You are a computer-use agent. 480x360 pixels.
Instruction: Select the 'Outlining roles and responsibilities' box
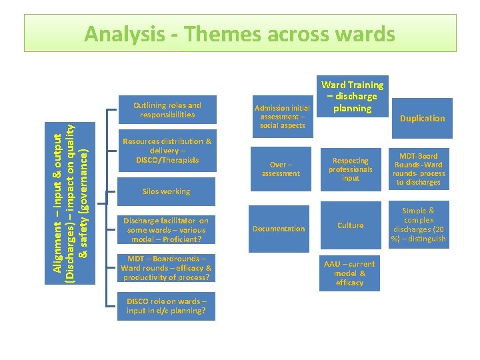[x=167, y=110]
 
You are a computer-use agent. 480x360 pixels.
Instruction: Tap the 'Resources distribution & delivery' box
[x=167, y=151]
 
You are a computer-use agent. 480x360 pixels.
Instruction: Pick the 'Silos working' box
[x=167, y=191]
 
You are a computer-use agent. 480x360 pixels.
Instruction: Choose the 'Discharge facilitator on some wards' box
[x=167, y=230]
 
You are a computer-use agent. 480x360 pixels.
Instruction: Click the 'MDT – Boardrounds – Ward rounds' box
[x=167, y=268]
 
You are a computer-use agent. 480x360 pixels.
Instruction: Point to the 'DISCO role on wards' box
[x=167, y=305]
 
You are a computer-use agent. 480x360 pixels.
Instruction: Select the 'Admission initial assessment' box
[x=283, y=116]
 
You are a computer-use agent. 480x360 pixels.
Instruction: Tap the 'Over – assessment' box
[x=280, y=169]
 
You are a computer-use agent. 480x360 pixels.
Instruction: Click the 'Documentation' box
[x=279, y=229]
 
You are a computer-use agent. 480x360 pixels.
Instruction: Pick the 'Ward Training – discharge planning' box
[x=352, y=97]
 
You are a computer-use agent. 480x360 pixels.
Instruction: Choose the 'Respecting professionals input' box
[x=351, y=169]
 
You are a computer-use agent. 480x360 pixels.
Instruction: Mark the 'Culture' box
[x=351, y=225]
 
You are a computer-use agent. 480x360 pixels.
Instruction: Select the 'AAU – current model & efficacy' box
[x=349, y=273]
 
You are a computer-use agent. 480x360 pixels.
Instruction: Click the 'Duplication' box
[x=422, y=119]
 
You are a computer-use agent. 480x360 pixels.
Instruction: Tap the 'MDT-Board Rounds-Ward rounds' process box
[x=418, y=169]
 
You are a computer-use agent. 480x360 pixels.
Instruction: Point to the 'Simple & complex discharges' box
[x=419, y=225]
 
